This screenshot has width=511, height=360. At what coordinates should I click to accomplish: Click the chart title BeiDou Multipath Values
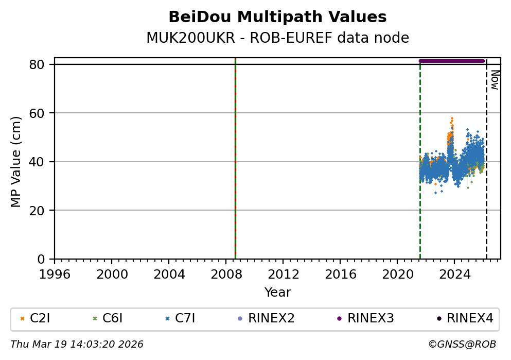pyautogui.click(x=277, y=17)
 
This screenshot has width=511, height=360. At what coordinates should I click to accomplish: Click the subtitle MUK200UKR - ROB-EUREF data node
pyautogui.click(x=277, y=38)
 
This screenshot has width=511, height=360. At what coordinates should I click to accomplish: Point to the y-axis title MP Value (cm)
pyautogui.click(x=16, y=162)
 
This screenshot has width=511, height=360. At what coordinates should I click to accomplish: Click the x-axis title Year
pyautogui.click(x=277, y=293)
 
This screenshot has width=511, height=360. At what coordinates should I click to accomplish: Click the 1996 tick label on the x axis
pyautogui.click(x=55, y=273)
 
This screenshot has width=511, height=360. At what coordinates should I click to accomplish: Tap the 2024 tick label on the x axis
pyautogui.click(x=454, y=273)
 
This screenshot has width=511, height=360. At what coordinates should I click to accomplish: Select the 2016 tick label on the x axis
pyautogui.click(x=340, y=273)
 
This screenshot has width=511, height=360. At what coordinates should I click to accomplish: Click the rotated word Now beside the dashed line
pyautogui.click(x=495, y=80)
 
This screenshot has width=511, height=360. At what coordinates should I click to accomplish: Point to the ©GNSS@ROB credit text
pyautogui.click(x=462, y=344)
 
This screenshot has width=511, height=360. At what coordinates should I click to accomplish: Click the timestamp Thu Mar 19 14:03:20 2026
pyautogui.click(x=77, y=344)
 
